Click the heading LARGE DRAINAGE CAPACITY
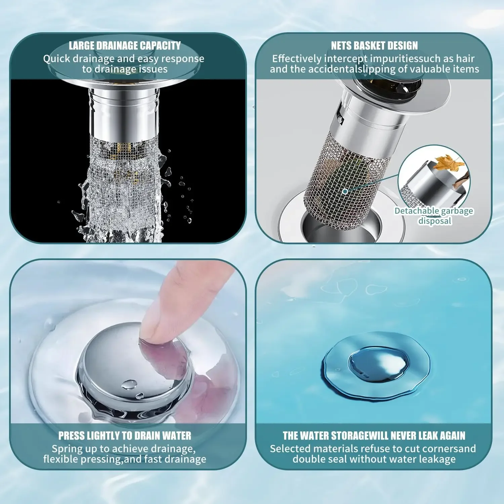125,46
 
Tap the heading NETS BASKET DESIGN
374,46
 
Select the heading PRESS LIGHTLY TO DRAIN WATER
125,436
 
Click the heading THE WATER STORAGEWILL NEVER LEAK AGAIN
374,436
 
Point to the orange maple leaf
448,162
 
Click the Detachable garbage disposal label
434,216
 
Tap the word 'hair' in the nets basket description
465,59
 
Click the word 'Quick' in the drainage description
56,59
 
